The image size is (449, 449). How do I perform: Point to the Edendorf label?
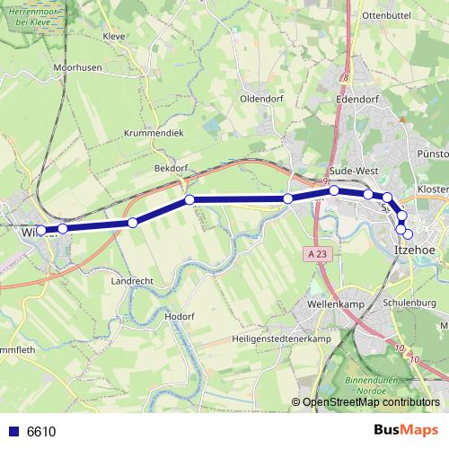[x=357, y=99]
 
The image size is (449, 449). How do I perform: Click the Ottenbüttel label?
[x=384, y=16]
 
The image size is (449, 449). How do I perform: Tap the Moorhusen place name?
[x=77, y=67]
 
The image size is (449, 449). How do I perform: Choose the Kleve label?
[x=114, y=37]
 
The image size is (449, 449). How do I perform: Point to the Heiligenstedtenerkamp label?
[x=281, y=338]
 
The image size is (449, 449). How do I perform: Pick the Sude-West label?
[x=354, y=170]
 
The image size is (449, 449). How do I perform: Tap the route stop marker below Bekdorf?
[x=189, y=199]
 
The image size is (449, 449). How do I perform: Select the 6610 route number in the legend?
[x=41, y=432]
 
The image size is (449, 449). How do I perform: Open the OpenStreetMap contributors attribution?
[x=370, y=403]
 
